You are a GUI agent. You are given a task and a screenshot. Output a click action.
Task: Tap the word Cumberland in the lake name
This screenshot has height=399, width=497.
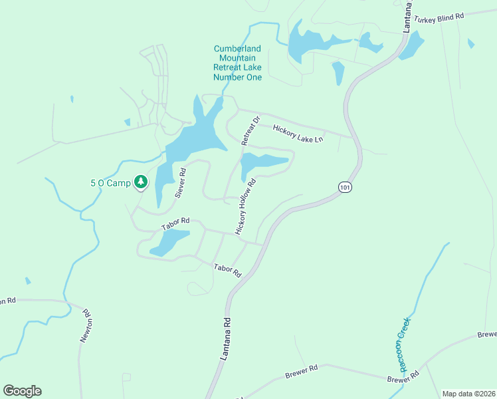(237, 49)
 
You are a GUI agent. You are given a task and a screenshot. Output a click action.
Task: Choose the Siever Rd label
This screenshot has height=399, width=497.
(180, 182)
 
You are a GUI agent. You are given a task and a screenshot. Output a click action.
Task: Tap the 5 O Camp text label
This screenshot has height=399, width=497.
(110, 182)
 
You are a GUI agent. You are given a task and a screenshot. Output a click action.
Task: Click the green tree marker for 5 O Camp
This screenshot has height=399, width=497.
(140, 181)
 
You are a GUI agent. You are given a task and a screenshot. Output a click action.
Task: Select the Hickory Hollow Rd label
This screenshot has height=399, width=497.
(245, 206)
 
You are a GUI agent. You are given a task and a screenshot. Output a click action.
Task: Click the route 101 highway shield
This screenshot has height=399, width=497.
(344, 188)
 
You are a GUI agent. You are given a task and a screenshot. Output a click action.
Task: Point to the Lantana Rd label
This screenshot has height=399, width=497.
(227, 339)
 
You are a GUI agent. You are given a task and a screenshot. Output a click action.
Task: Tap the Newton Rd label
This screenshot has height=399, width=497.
(86, 325)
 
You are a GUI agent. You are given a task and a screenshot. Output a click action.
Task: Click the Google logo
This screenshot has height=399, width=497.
(22, 391)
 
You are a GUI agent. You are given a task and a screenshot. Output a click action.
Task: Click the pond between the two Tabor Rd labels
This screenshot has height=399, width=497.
(169, 242)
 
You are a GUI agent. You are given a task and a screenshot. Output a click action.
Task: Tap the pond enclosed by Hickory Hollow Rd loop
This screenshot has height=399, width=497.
(262, 162)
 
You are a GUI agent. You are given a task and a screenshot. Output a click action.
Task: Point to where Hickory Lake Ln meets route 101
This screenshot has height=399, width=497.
(351, 136)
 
